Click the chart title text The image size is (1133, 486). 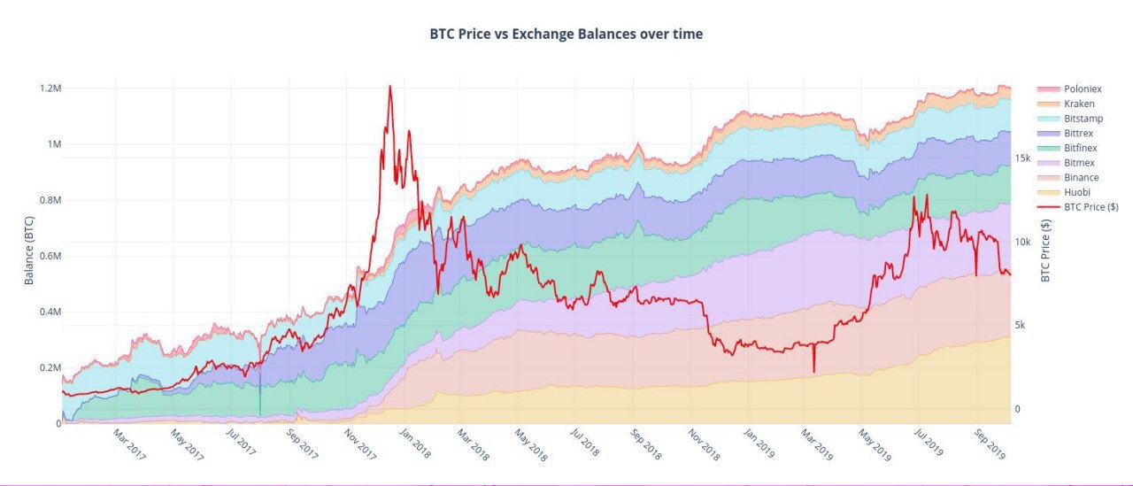[x=566, y=35]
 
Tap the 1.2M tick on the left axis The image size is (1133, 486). [x=50, y=89]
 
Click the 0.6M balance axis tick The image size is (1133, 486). [x=50, y=256]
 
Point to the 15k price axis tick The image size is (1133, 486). [x=1022, y=158]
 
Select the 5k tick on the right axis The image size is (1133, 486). [x=1019, y=326]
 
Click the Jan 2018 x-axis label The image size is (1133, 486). [x=417, y=444]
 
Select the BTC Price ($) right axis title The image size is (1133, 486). [x=1045, y=251]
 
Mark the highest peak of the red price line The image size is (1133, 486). [x=389, y=86]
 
